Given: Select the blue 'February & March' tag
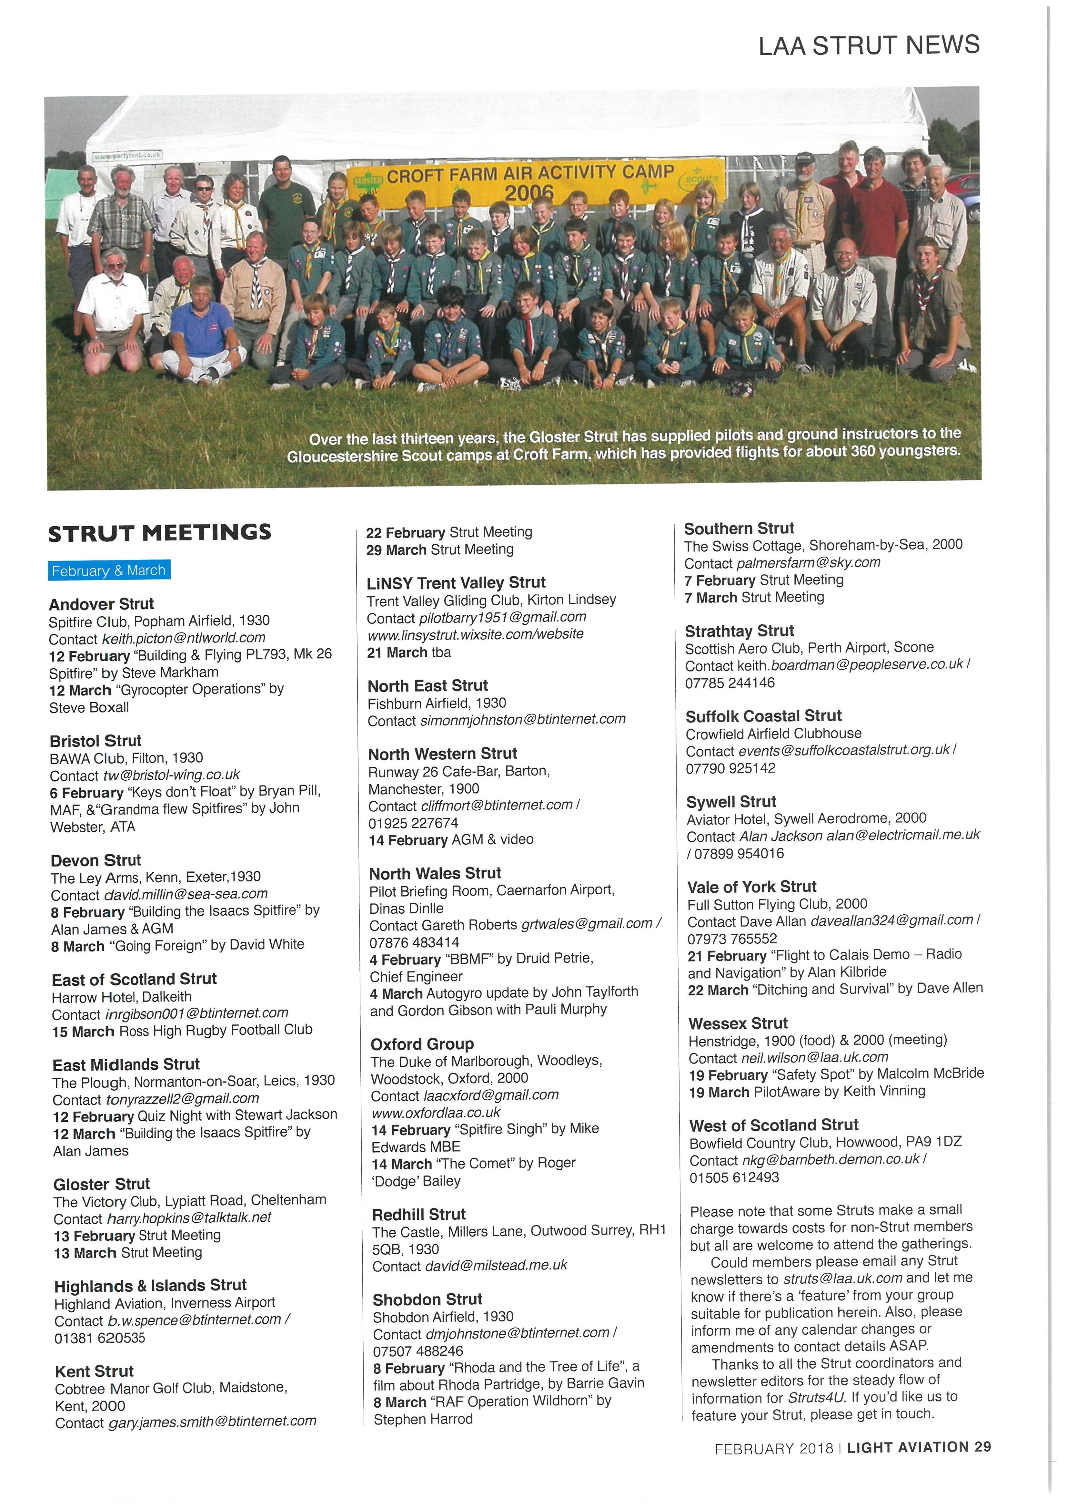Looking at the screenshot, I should [x=109, y=570].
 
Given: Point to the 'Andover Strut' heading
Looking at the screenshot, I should [x=101, y=604].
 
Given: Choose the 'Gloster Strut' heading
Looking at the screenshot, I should [x=102, y=1184].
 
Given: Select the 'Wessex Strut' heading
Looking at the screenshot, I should [x=738, y=1023].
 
